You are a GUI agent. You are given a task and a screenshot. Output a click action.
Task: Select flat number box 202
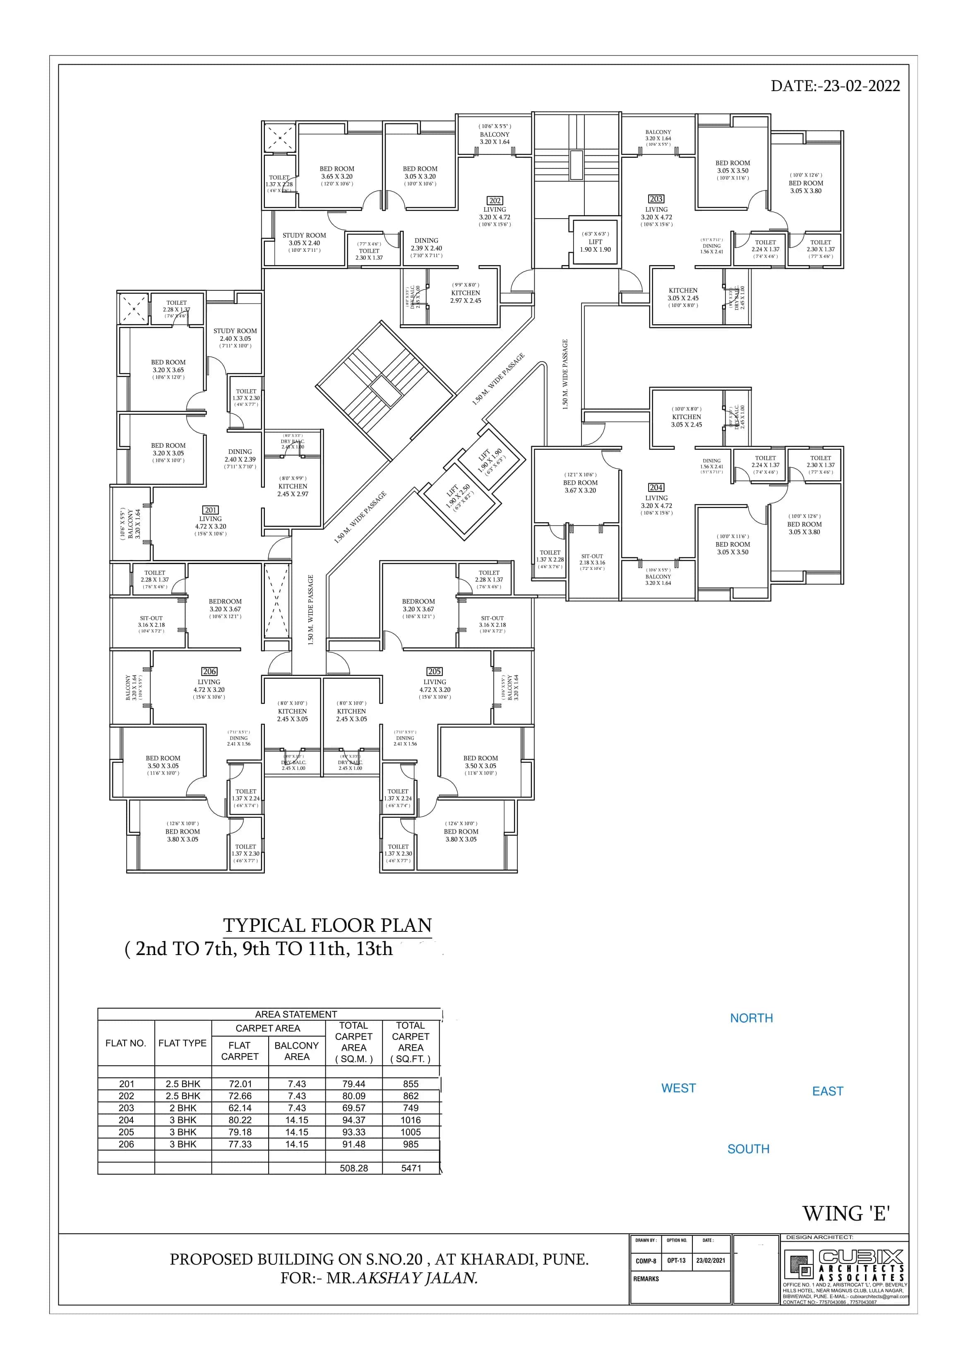(x=495, y=200)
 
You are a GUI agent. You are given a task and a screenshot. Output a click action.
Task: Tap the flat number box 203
(x=656, y=199)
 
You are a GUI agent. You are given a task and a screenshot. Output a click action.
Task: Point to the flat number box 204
(x=656, y=487)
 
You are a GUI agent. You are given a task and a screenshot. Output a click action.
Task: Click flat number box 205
(x=434, y=671)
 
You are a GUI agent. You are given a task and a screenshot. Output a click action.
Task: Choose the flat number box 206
(x=209, y=671)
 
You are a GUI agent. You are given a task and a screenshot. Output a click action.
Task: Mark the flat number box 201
(x=211, y=510)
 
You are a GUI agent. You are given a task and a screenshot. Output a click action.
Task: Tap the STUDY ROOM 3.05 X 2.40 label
(x=304, y=242)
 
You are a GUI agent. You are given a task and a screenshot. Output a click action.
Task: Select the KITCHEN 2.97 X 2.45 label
(x=465, y=297)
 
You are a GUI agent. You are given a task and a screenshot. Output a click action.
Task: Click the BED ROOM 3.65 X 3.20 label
(x=336, y=176)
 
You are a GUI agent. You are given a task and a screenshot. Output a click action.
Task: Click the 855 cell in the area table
(x=411, y=1083)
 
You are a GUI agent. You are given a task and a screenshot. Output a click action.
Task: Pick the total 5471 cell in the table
(x=411, y=1168)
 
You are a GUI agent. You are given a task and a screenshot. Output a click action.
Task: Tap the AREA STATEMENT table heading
(x=296, y=1014)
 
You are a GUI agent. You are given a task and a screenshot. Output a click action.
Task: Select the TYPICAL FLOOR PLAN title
(x=327, y=926)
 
